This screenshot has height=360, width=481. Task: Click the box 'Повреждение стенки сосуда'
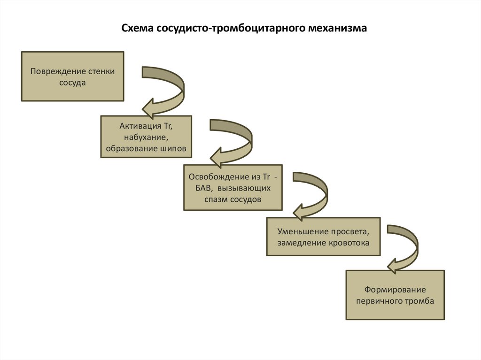tap(73, 76)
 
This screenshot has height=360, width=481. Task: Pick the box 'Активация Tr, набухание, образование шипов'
tap(146, 137)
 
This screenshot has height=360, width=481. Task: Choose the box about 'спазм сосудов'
tap(233, 187)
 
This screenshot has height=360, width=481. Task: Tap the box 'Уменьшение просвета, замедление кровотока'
tap(323, 237)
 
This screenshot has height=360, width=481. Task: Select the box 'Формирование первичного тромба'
tap(395, 295)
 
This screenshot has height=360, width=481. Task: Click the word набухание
tap(146, 137)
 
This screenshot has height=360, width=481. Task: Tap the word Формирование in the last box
tap(395, 290)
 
